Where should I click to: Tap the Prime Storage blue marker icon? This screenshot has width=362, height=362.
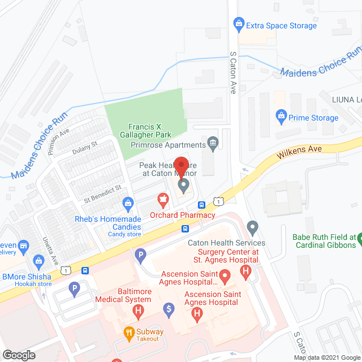click(x=280, y=117)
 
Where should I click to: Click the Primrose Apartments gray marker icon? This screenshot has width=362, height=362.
click(x=213, y=141)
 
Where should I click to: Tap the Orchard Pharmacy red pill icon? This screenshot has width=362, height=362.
click(x=163, y=199)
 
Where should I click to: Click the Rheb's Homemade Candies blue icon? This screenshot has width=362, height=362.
click(x=129, y=202)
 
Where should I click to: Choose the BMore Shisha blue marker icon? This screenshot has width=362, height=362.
click(x=38, y=261)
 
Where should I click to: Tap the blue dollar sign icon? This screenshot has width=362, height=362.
click(x=169, y=309)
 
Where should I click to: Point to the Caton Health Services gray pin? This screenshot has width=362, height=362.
click(x=253, y=228)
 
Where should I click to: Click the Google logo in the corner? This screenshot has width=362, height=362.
click(x=18, y=355)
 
